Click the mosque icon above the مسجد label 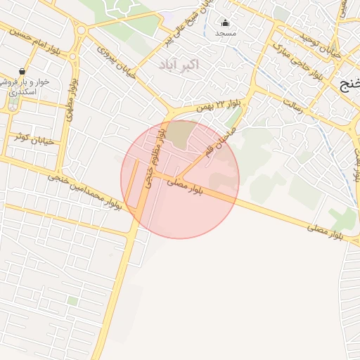tap(225, 22)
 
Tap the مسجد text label tap(226, 33)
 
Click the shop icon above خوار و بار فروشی tap(22, 71)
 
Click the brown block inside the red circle tap(182, 134)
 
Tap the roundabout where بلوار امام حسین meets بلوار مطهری tap(81, 30)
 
